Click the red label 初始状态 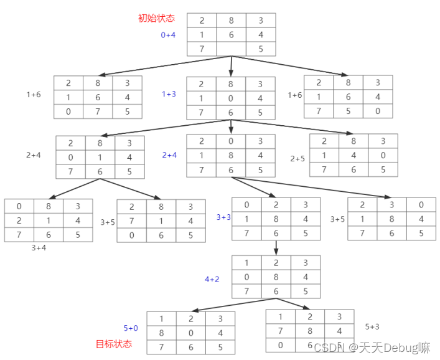coord(156,18)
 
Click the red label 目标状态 coord(114,344)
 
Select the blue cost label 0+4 coord(168,35)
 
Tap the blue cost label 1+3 coord(169,94)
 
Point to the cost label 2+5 coord(297,159)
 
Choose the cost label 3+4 coord(39,247)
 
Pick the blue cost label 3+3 coord(223,217)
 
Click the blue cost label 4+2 coord(212,280)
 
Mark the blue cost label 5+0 coord(131,328)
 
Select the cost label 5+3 coord(373,326)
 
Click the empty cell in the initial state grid coord(231,49)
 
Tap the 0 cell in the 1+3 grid coord(231,98)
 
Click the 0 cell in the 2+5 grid coord(382,155)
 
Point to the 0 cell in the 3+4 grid coord(19,206)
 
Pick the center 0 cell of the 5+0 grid coord(190,333)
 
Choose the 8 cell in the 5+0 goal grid coord(161,333)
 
